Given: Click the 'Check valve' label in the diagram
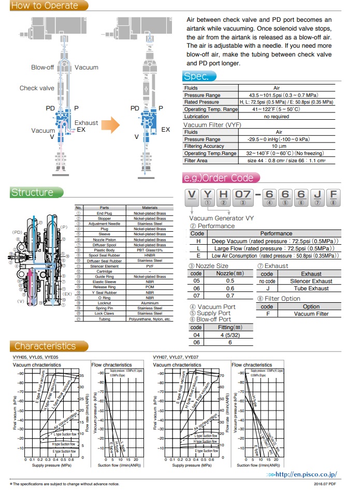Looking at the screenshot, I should [x=37, y=88].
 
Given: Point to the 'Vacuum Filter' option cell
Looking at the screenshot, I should [x=311, y=314].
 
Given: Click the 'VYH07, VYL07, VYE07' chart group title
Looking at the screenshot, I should [x=175, y=357].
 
